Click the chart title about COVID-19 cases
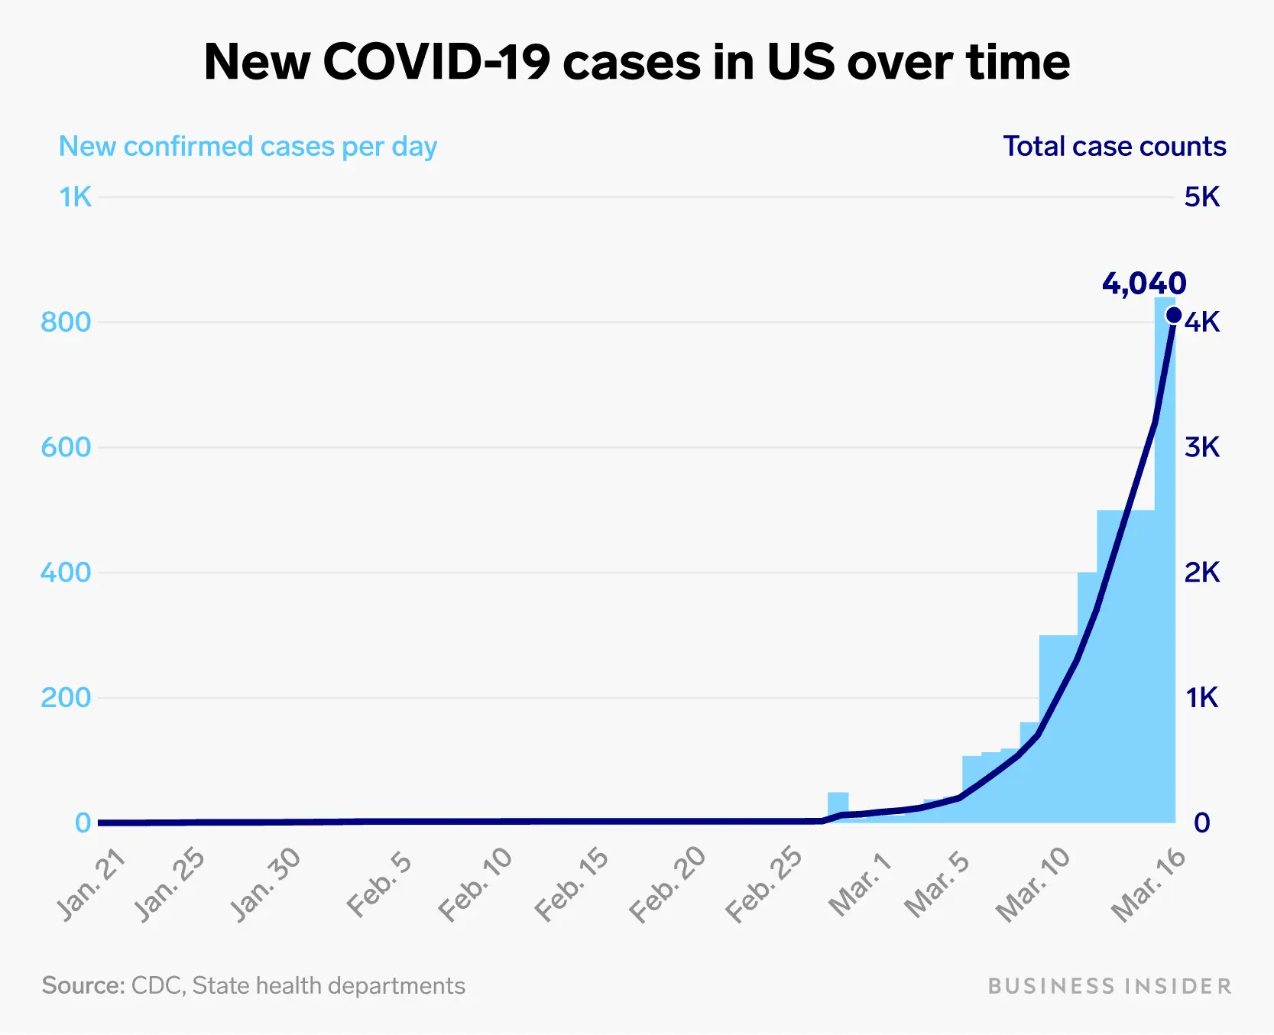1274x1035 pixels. (637, 62)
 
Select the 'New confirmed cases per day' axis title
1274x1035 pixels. (248, 146)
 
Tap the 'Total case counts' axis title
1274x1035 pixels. (1114, 146)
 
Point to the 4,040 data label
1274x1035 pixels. (1143, 284)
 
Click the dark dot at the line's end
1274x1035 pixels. (1174, 315)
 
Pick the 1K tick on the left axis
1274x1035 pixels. (76, 197)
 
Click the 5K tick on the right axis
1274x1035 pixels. (1202, 197)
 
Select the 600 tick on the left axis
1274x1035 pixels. (66, 447)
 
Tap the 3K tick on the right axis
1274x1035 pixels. (1202, 447)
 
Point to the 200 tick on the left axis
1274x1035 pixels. (66, 697)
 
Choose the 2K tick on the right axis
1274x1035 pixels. (1202, 573)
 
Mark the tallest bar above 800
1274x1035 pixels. (1165, 459)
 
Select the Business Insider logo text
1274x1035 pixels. (1110, 986)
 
